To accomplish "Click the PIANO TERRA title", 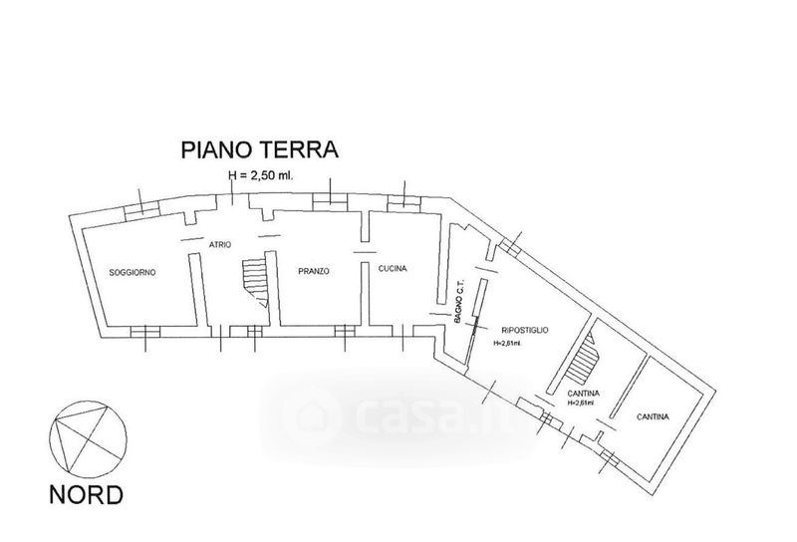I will click(x=260, y=150).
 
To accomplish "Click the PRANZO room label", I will click(x=314, y=271).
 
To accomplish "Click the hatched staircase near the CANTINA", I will click(x=584, y=362).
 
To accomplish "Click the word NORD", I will click(x=89, y=493).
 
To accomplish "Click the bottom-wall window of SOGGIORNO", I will click(x=145, y=332).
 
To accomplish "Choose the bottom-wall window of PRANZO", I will click(x=342, y=331).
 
